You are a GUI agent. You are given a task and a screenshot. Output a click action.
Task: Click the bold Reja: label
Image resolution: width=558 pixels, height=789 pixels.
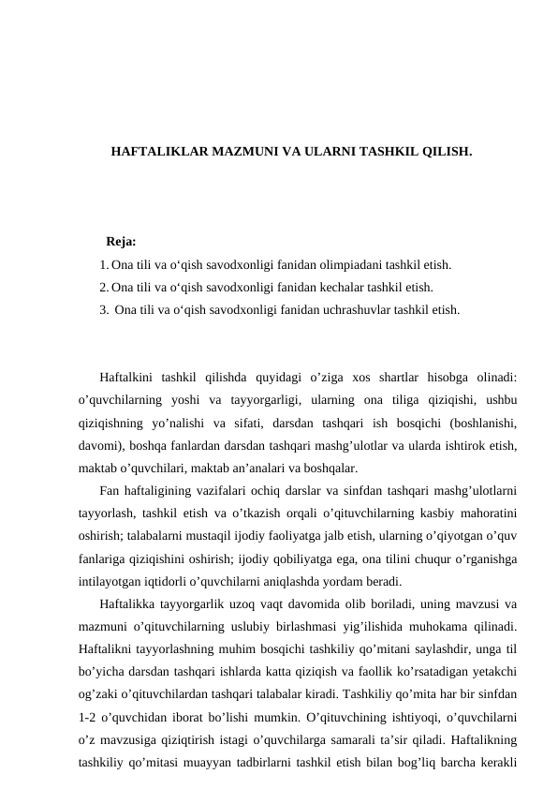coord(122,244)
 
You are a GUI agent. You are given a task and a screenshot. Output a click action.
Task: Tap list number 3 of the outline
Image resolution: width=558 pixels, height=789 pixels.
coord(102,308)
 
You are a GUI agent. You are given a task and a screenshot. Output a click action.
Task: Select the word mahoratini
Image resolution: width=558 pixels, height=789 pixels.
coord(489,514)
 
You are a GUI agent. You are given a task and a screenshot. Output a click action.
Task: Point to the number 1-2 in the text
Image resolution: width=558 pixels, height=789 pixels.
coord(90,722)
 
